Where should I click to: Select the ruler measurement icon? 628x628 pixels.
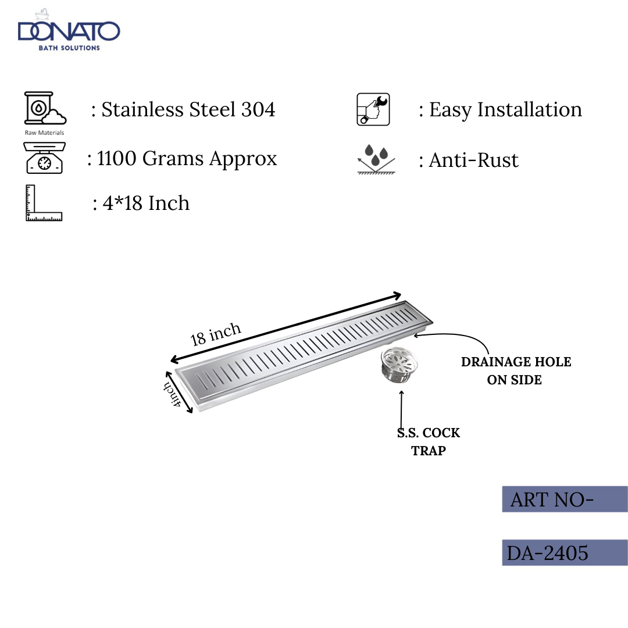click(x=44, y=203)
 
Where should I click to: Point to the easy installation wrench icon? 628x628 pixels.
click(x=373, y=109)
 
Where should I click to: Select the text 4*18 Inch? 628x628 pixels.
click(x=146, y=204)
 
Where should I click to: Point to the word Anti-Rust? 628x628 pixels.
click(x=473, y=160)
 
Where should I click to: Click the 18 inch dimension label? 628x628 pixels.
click(x=216, y=334)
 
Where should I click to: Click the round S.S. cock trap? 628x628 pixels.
click(x=398, y=367)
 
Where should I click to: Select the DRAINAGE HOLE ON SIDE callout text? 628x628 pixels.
click(x=516, y=371)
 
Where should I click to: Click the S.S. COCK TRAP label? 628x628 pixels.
click(x=429, y=441)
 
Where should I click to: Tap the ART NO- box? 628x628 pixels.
click(x=564, y=499)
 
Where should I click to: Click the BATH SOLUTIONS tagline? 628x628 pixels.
click(x=69, y=48)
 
